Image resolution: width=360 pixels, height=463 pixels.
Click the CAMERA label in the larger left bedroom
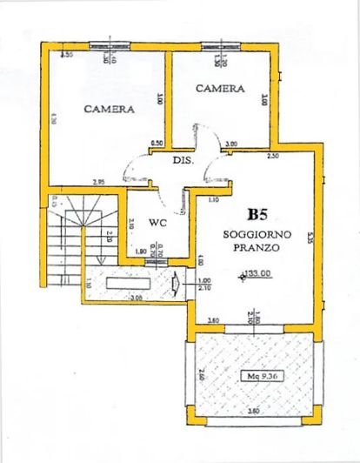click(109, 110)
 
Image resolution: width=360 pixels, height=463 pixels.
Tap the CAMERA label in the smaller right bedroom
click(218, 89)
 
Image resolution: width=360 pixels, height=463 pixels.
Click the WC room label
click(157, 222)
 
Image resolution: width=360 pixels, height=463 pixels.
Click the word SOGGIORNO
click(257, 234)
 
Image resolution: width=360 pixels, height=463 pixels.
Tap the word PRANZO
click(257, 248)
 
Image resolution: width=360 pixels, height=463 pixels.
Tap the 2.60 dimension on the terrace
click(202, 376)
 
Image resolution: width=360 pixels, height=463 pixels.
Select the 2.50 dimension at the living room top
click(272, 157)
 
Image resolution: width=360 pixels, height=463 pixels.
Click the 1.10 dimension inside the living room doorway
click(212, 200)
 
